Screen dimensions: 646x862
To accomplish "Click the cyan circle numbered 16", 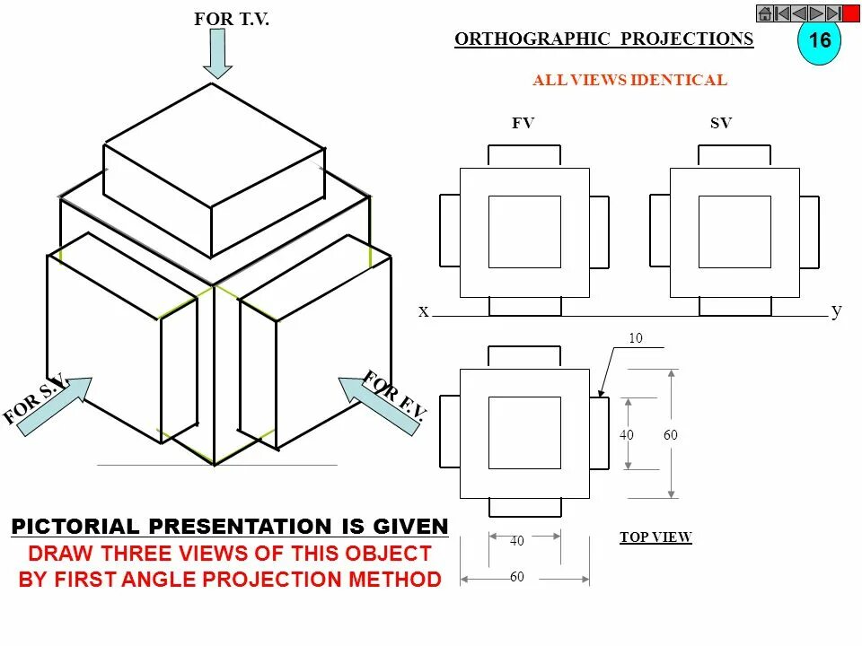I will click(x=819, y=41).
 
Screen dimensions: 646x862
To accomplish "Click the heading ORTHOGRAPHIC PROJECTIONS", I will click(x=603, y=39).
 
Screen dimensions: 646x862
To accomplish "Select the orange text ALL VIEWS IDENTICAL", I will click(x=629, y=81).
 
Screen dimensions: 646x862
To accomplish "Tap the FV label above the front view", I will click(x=523, y=124).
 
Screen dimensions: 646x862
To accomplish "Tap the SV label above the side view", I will click(x=721, y=124).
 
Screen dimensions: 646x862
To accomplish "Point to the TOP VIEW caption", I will click(x=655, y=537).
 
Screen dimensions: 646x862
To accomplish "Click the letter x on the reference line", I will click(x=423, y=311).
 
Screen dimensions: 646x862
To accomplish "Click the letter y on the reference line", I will click(x=836, y=310).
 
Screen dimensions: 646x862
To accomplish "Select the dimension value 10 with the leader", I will click(x=635, y=339).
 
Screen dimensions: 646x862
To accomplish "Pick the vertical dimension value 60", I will click(x=670, y=435).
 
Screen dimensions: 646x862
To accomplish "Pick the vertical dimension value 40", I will click(x=627, y=435).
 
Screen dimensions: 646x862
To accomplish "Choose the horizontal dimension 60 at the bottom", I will click(x=517, y=578).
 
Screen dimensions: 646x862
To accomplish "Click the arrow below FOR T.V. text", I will click(x=216, y=53).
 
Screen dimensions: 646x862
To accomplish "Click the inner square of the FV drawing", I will click(x=524, y=231).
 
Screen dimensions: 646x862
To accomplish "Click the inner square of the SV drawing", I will click(x=734, y=231).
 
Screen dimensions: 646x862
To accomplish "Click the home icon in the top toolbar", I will click(x=764, y=13).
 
